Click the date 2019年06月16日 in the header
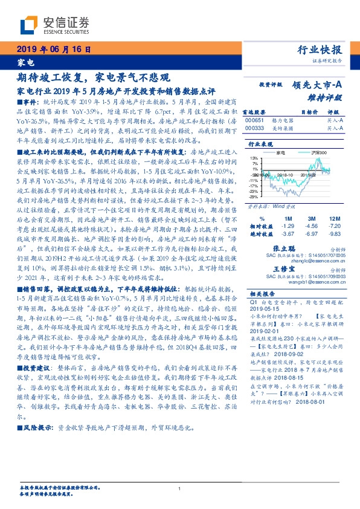click(53, 50)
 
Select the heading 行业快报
click(321, 50)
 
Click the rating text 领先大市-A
click(317, 86)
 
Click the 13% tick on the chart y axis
click(255, 158)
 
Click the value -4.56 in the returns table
click(312, 225)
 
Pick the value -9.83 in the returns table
click(333, 233)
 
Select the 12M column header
click(333, 218)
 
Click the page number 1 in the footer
click(180, 488)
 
